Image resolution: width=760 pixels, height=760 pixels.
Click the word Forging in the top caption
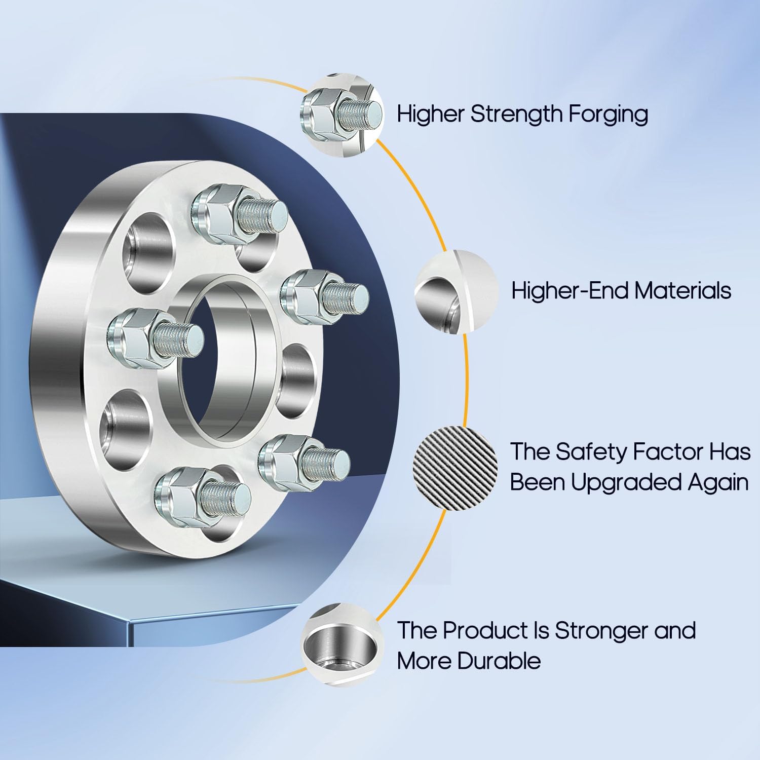coord(607,115)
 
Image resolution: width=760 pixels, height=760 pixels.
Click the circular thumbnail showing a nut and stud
coord(343,115)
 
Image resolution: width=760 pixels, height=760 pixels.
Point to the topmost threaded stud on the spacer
coord(261,210)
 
